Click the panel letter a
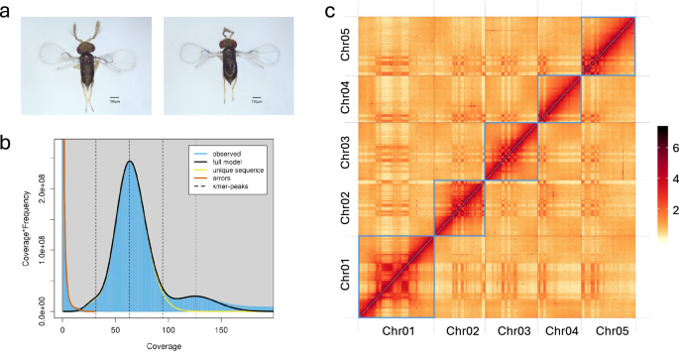[7, 12]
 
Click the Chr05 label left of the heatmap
[343, 47]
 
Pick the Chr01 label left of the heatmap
[343, 277]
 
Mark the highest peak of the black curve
[129, 162]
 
